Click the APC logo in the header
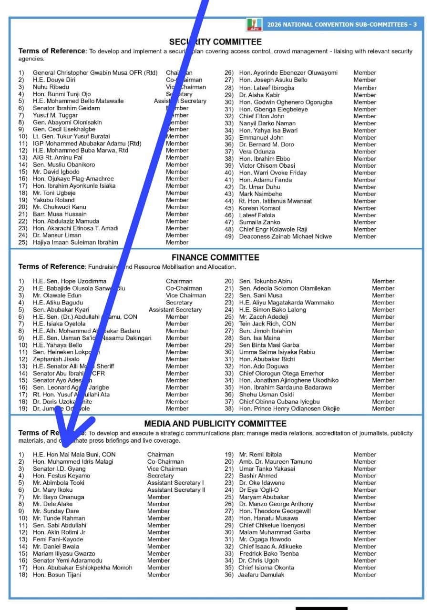click(x=254, y=24)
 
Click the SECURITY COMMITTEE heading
click(x=215, y=42)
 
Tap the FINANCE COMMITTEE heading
click(x=215, y=257)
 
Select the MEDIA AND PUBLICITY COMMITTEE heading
click(x=215, y=424)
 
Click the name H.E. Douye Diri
click(x=54, y=80)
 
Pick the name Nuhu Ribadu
click(x=51, y=87)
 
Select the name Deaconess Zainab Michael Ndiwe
click(x=286, y=236)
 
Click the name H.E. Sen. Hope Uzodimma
click(x=70, y=281)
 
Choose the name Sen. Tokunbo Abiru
click(x=266, y=281)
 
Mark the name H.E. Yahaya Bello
click(x=57, y=345)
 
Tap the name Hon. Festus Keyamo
click(x=62, y=476)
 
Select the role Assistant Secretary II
click(x=176, y=490)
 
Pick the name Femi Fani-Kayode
click(x=58, y=539)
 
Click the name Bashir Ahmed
click(x=258, y=476)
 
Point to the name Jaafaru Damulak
click(x=261, y=575)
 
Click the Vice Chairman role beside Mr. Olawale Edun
click(x=179, y=295)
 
